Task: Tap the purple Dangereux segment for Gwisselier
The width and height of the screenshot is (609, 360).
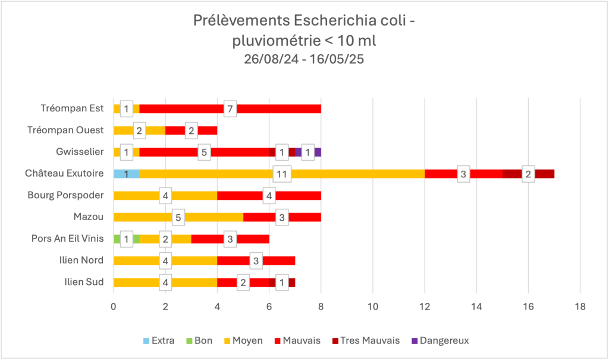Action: tap(318, 152)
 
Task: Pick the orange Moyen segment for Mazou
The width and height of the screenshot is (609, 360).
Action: tap(149, 217)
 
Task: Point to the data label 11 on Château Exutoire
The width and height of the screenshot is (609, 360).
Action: tap(282, 174)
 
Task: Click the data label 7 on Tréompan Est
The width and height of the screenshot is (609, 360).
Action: tap(230, 109)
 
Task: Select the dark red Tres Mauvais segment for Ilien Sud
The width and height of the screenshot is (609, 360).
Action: tap(292, 282)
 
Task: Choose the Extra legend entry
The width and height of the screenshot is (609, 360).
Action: tap(158, 341)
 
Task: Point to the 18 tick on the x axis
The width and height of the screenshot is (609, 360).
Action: tap(580, 307)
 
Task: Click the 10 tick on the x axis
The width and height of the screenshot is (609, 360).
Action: tap(373, 307)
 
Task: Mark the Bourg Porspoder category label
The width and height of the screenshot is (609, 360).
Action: tap(66, 195)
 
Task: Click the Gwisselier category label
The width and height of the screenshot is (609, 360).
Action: tap(79, 152)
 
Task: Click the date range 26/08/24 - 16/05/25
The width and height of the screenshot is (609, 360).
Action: tap(304, 60)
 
